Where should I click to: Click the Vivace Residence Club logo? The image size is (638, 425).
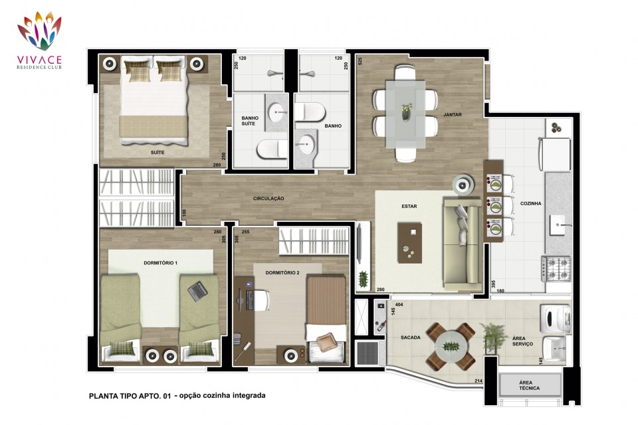pyautogui.click(x=39, y=41)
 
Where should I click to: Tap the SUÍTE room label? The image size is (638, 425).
pyautogui.click(x=158, y=153)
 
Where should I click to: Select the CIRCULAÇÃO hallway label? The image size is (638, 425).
pyautogui.click(x=268, y=199)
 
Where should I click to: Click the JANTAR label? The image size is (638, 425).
pyautogui.click(x=453, y=115)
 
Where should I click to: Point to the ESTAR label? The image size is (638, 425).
pyautogui.click(x=409, y=207)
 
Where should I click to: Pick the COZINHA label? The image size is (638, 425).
pyautogui.click(x=530, y=203)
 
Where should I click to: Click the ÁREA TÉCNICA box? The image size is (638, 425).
pyautogui.click(x=530, y=385)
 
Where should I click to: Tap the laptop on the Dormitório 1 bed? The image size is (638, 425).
pyautogui.click(x=198, y=291)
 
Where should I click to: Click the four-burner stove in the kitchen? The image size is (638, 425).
pyautogui.click(x=556, y=268)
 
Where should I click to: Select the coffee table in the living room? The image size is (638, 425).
pyautogui.click(x=410, y=243)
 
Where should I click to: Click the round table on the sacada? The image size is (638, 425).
pyautogui.click(x=451, y=347)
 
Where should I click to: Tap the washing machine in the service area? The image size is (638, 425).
pyautogui.click(x=556, y=319)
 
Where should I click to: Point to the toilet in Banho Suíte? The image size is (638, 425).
pyautogui.click(x=272, y=149)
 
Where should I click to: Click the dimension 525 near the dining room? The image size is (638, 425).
pyautogui.click(x=360, y=61)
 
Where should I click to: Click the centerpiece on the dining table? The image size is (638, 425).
pyautogui.click(x=406, y=111)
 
